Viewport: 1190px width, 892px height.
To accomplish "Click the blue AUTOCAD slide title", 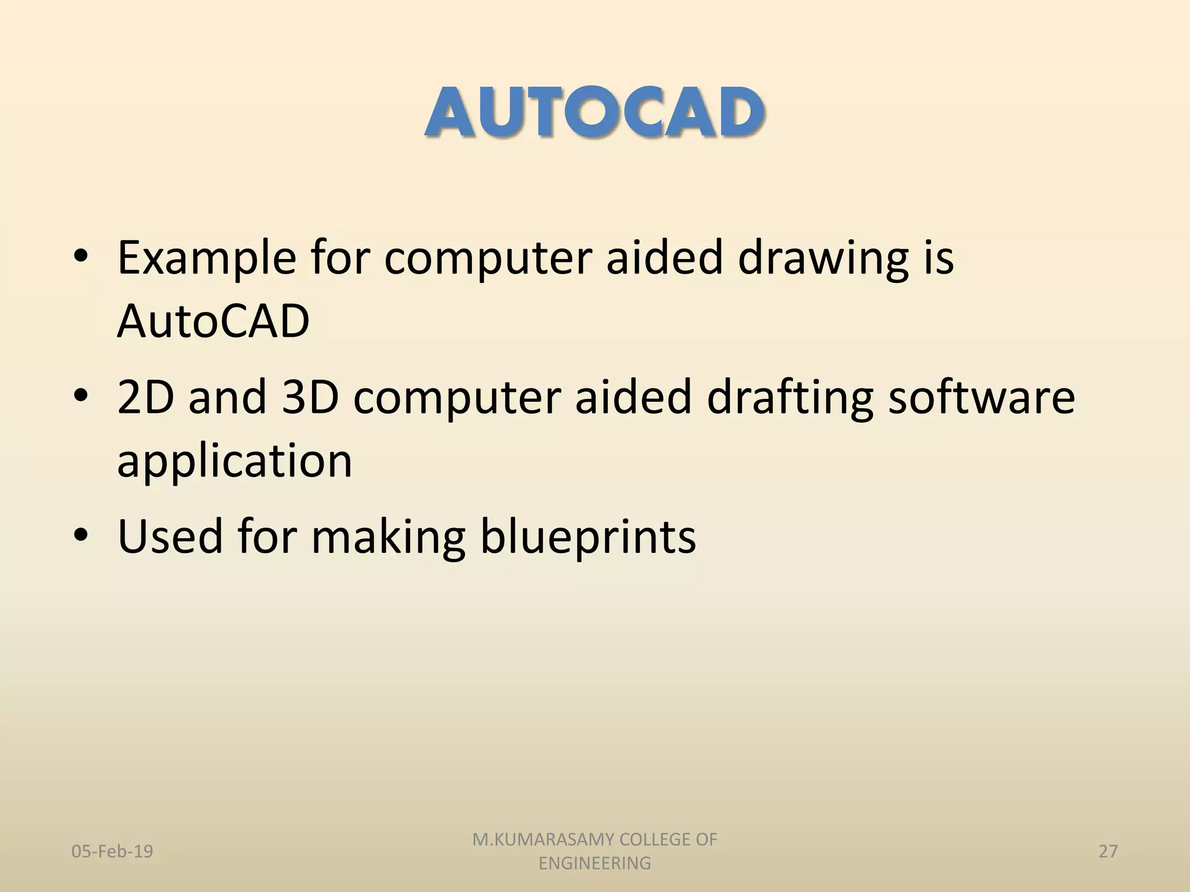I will (594, 113).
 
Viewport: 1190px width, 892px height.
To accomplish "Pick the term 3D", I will (310, 397).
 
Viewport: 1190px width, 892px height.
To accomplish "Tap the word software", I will (981, 397).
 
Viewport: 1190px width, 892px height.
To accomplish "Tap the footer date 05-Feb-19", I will (112, 851).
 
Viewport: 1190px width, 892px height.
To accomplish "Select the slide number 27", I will (1108, 851).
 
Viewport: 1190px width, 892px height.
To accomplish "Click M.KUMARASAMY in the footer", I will (543, 840).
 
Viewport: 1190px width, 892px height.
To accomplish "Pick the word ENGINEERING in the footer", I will (594, 864).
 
